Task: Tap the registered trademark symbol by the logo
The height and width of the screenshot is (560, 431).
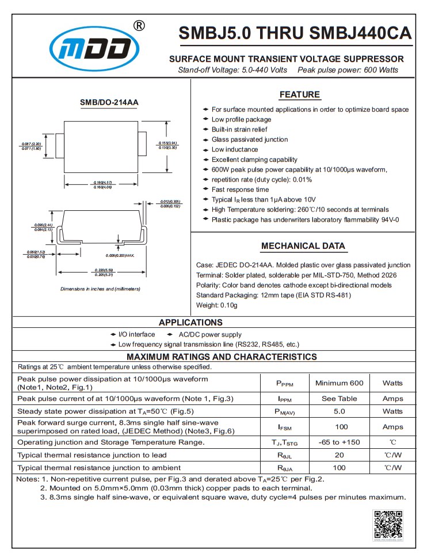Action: click(139, 25)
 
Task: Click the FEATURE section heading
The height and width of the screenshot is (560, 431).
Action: click(299, 95)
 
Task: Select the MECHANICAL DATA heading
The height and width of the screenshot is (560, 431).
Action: click(303, 246)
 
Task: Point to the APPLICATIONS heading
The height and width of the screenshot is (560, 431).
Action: click(190, 323)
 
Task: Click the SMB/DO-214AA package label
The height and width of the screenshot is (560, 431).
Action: click(109, 103)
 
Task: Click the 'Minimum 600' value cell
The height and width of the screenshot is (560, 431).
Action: click(340, 383)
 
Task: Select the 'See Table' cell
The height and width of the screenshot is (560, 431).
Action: click(340, 399)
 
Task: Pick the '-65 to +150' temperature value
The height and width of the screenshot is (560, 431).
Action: click(340, 442)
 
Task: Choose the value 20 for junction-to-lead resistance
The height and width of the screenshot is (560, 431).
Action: click(340, 455)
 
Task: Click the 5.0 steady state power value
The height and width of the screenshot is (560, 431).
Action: click(340, 412)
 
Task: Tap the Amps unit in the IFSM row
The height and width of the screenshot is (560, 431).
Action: click(393, 427)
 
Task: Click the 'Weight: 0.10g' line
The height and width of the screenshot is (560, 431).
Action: click(216, 305)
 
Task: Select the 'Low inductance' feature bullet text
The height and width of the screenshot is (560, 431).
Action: click(235, 150)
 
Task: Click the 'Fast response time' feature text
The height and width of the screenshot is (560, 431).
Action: click(240, 190)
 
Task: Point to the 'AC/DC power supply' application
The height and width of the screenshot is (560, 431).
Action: click(210, 335)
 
